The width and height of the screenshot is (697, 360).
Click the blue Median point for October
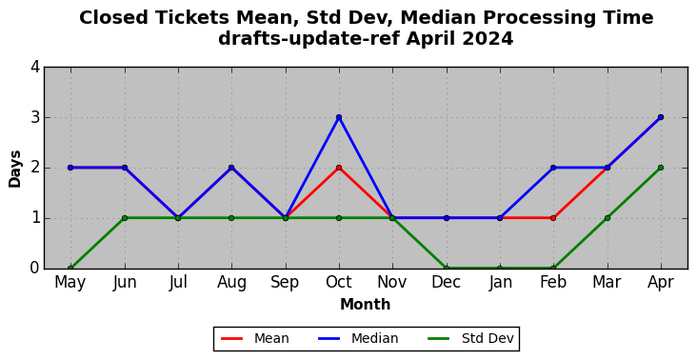[x=339, y=117]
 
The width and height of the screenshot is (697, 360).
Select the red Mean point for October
[x=339, y=168]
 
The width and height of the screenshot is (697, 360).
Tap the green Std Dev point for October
[x=339, y=218]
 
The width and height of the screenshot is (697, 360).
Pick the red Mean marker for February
[x=553, y=218]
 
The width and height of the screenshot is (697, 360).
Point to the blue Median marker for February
[x=553, y=168]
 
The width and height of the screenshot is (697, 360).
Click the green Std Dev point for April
[x=661, y=168]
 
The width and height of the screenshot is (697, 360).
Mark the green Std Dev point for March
[x=607, y=218]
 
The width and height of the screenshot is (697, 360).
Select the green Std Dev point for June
[x=125, y=218]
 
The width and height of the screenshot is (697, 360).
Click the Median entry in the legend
[x=358, y=339]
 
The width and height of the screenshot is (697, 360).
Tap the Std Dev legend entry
[x=470, y=339]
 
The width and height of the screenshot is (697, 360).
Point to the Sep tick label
[x=285, y=282]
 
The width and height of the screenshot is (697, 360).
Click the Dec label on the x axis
[x=446, y=282]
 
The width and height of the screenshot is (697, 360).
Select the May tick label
[x=70, y=283]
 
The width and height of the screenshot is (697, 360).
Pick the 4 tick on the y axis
[x=35, y=68]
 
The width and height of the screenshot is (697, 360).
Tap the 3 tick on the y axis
[x=35, y=118]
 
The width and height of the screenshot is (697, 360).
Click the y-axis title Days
[x=14, y=169]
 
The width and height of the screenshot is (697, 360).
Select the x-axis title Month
[x=366, y=305]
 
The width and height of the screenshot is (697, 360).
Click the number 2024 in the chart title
[x=488, y=39]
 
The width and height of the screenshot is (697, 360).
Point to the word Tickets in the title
[x=191, y=18]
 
